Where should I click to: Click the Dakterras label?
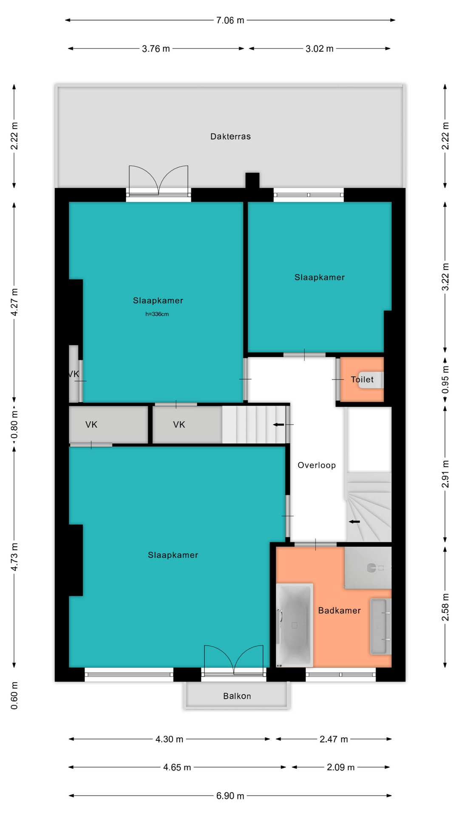click(x=230, y=136)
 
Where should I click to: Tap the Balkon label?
click(x=237, y=696)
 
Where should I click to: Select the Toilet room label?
click(x=362, y=380)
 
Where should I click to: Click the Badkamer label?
click(x=339, y=610)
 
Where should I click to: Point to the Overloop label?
click(x=317, y=465)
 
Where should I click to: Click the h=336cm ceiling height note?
click(x=157, y=314)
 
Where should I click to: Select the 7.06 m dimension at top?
click(x=230, y=20)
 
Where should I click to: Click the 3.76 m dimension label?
click(x=156, y=48)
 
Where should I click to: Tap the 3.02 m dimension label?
click(x=320, y=48)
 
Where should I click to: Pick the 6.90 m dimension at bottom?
click(x=230, y=796)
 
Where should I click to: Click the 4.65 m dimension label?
click(x=177, y=767)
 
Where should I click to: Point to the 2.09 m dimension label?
click(x=341, y=767)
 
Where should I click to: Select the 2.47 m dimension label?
click(x=334, y=739)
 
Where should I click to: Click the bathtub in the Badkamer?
click(x=295, y=625)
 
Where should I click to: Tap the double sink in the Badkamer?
click(x=380, y=626)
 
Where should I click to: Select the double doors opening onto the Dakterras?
click(x=159, y=181)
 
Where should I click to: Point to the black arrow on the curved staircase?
click(x=354, y=521)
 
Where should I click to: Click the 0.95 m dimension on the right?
click(x=445, y=380)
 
